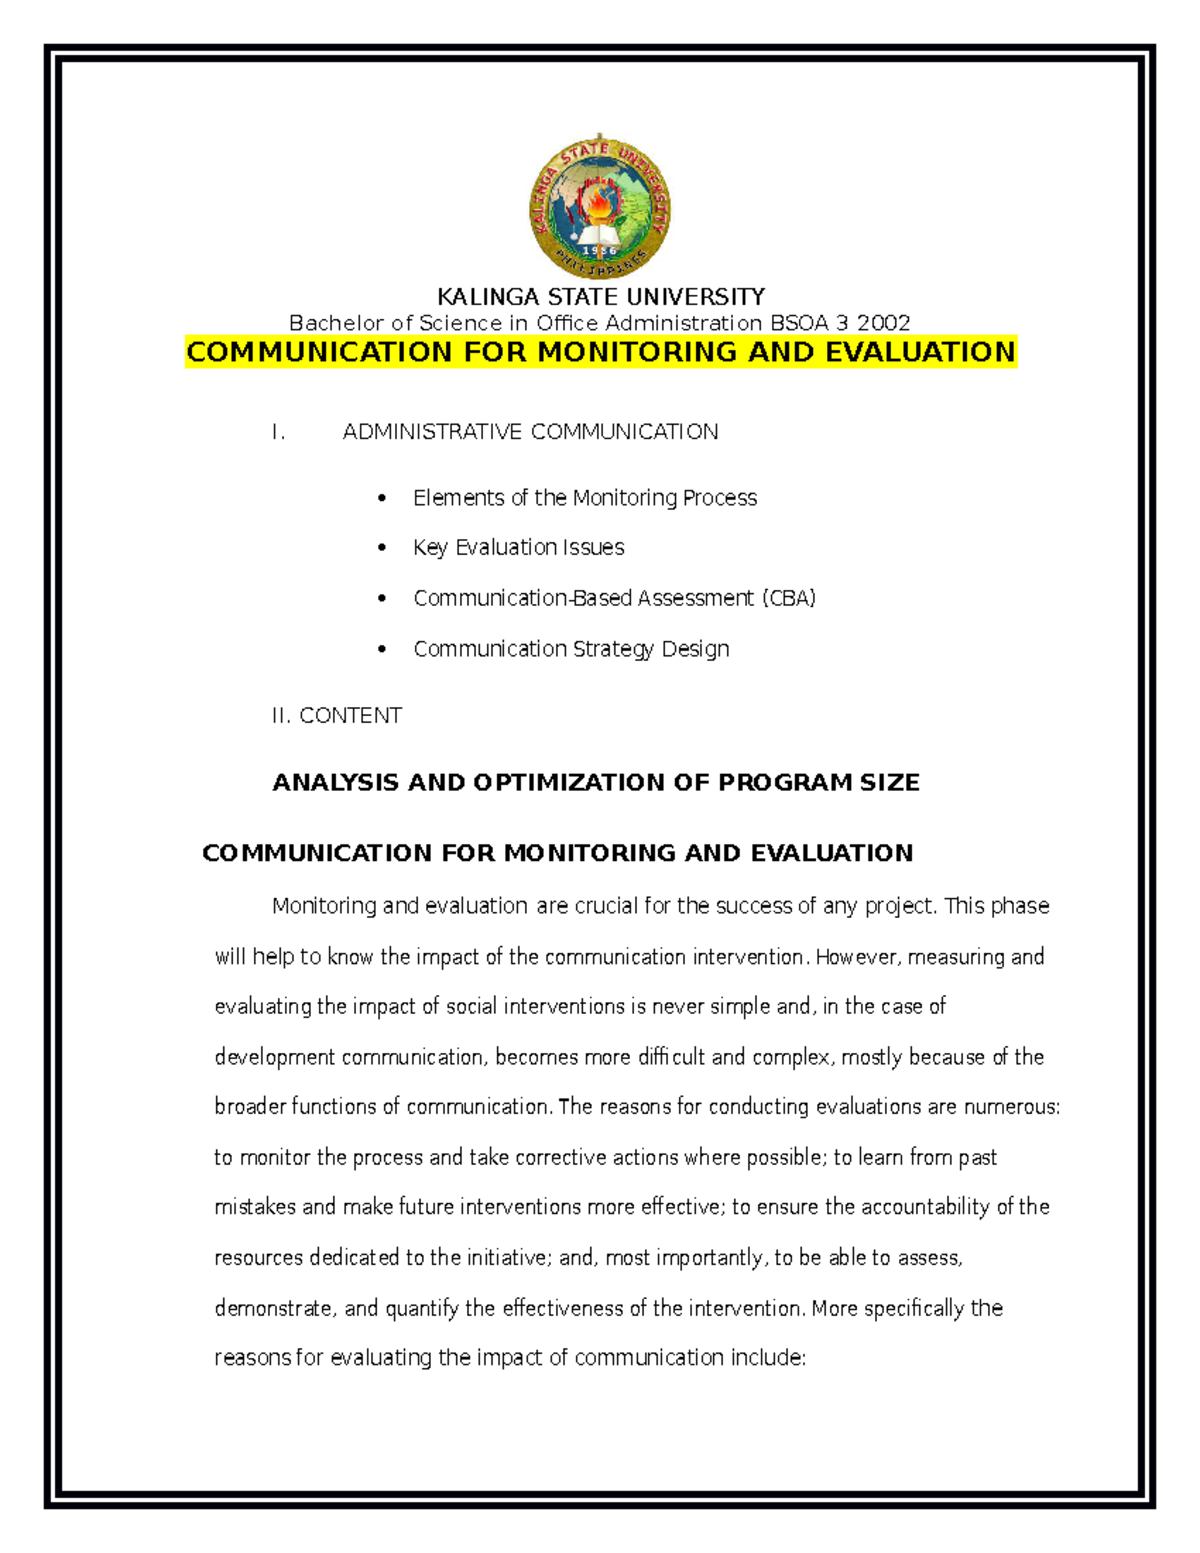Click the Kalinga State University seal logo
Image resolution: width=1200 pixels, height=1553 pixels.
click(600, 208)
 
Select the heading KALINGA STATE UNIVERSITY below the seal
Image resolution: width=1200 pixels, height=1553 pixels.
click(600, 297)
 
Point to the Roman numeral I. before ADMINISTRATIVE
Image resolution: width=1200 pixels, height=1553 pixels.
click(278, 432)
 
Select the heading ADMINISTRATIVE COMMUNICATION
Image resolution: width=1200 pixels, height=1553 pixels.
click(530, 432)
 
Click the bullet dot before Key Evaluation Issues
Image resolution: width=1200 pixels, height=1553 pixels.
click(382, 548)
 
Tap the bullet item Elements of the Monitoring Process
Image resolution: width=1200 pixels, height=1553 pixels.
click(585, 498)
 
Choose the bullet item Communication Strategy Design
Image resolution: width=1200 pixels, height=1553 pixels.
click(571, 649)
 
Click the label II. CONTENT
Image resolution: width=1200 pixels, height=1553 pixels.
click(336, 716)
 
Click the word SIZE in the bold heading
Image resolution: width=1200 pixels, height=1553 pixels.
click(889, 783)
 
